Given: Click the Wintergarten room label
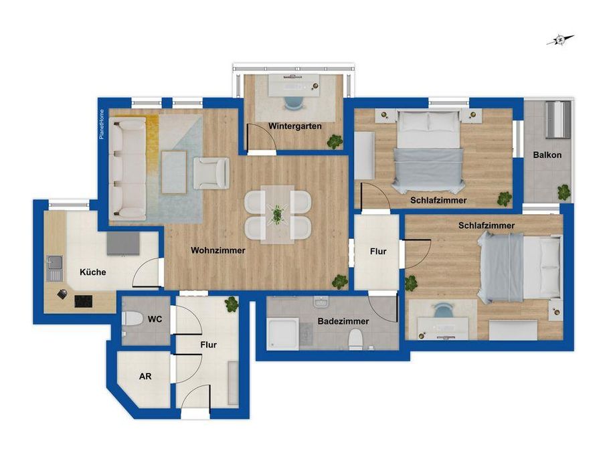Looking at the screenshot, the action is [x=295, y=126].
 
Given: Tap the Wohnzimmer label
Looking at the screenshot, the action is [x=218, y=250].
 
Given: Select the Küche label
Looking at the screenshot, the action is [x=93, y=272].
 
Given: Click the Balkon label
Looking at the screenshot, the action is [x=547, y=155].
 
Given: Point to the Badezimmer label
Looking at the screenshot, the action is [x=343, y=321].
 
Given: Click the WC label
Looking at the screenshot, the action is [x=155, y=319].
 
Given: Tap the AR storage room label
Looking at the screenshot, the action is [x=145, y=376].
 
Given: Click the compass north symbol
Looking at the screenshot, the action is [x=560, y=39].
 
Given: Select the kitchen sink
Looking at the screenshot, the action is [x=54, y=268].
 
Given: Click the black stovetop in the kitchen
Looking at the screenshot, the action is [x=83, y=301].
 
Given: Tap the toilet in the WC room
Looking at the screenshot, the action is [x=132, y=319].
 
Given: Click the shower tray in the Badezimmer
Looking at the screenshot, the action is [x=282, y=334].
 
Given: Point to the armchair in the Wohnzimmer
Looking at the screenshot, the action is [x=211, y=173].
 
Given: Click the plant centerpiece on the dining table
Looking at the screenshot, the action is [x=277, y=214].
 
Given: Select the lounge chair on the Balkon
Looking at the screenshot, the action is [x=558, y=119].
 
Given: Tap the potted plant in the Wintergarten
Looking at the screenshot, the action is [x=334, y=142].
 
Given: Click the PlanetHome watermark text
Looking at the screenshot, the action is [x=102, y=124].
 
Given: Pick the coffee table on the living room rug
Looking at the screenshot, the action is [x=174, y=172].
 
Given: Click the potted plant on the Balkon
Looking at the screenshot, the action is [x=564, y=192].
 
